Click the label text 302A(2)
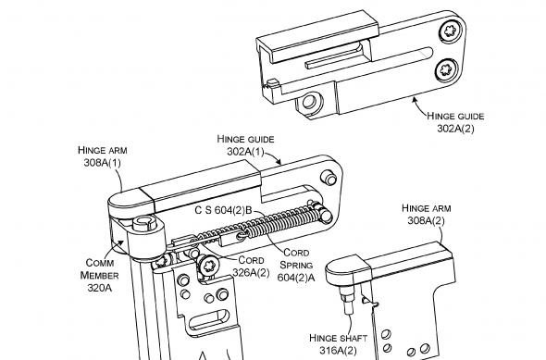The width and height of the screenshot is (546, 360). click(455, 129)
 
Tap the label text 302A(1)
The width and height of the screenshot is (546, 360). click(245, 152)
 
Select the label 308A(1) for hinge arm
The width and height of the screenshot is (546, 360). click(103, 163)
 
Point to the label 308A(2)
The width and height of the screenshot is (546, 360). click(427, 221)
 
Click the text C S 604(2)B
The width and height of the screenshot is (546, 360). click(223, 210)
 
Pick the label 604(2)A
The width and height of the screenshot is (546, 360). click(296, 278)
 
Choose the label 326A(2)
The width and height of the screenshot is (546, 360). click(251, 273)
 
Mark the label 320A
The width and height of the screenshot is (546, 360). click(100, 288)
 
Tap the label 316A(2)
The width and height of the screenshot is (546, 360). click(338, 350)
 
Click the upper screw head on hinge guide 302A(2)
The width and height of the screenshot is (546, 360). click(451, 31)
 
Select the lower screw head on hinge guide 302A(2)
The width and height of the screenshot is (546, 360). click(446, 70)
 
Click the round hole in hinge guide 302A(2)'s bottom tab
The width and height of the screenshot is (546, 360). click(309, 102)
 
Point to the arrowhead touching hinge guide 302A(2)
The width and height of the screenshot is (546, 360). click(415, 100)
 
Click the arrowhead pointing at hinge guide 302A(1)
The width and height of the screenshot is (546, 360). click(278, 162)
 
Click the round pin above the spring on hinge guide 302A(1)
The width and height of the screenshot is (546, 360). click(329, 178)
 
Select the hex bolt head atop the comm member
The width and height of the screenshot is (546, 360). click(144, 222)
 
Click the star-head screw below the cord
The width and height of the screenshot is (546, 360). click(208, 266)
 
